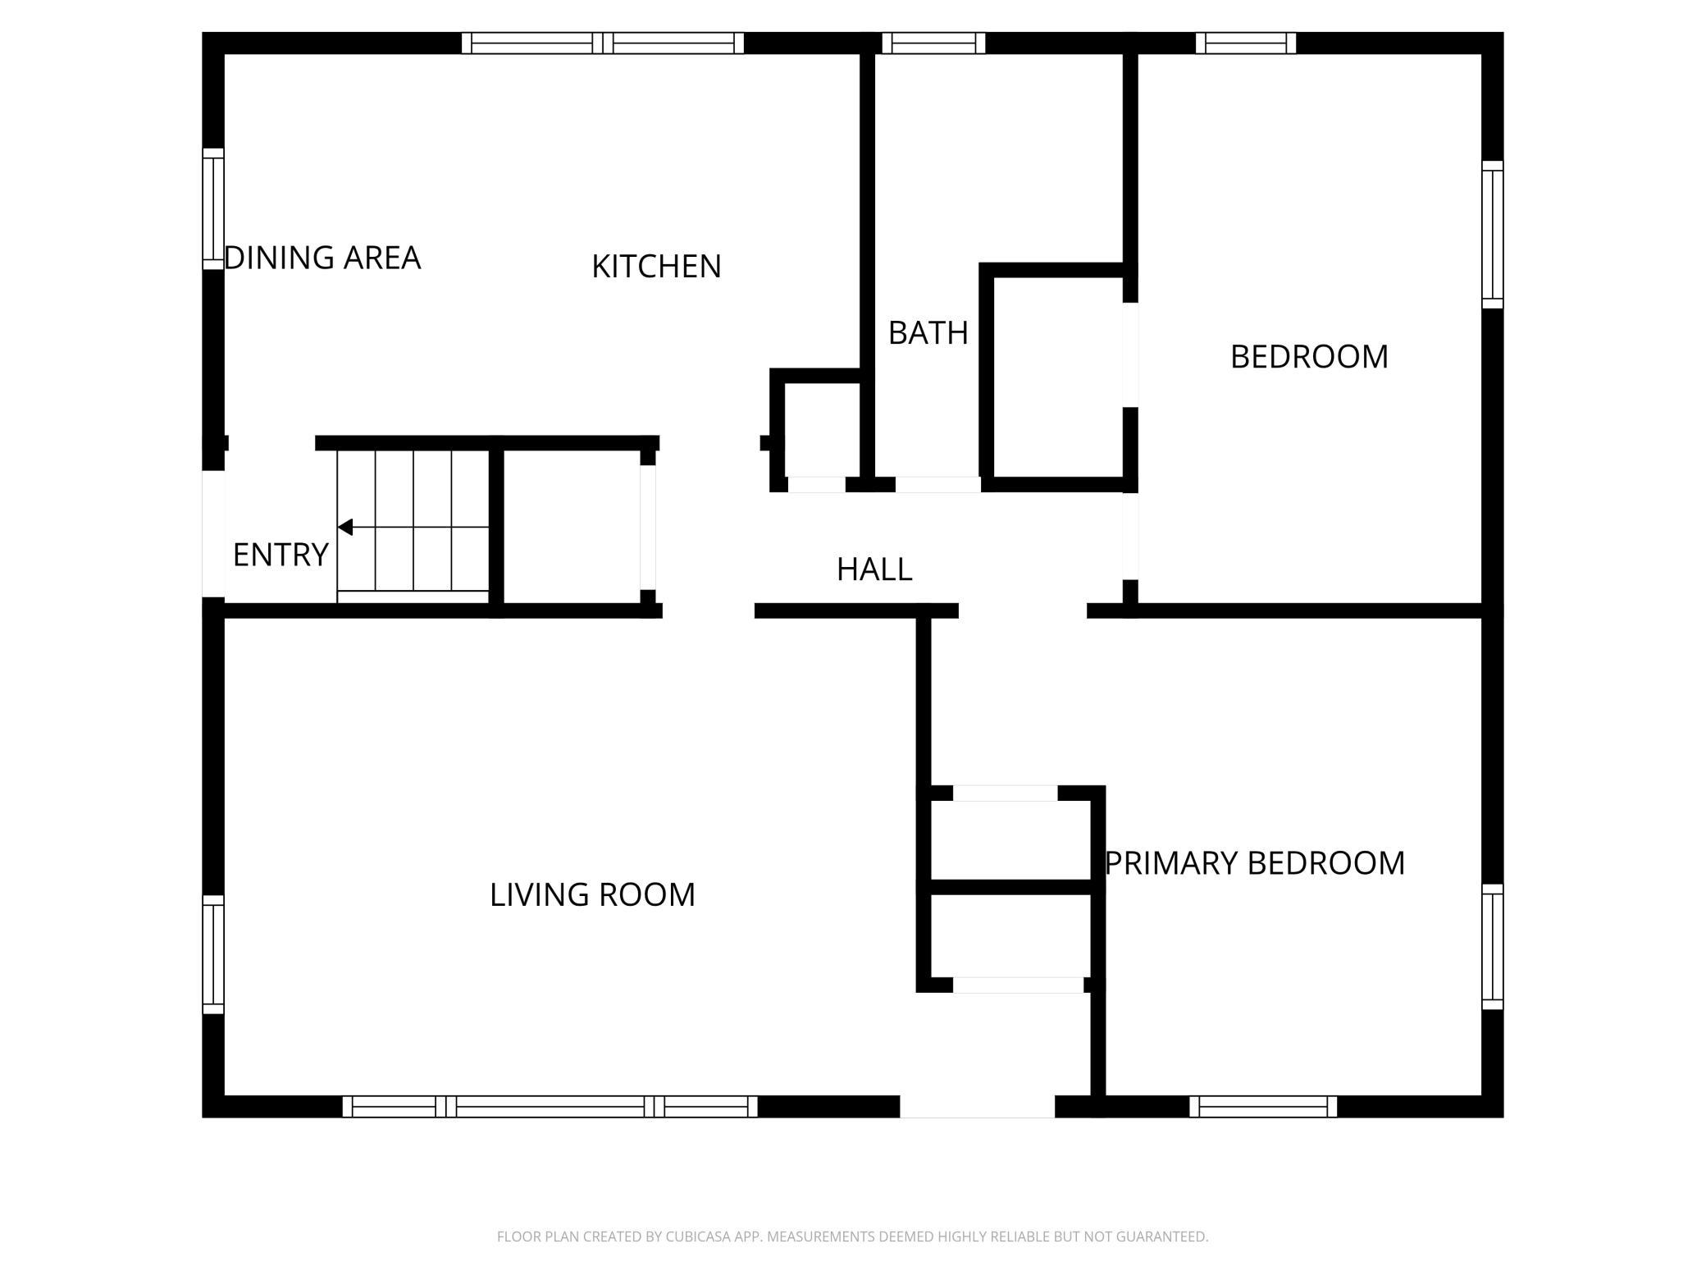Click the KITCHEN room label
click(x=656, y=267)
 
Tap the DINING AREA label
click(x=322, y=258)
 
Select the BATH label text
click(x=928, y=333)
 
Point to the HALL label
click(x=874, y=569)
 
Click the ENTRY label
click(x=281, y=555)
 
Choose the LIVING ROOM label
click(x=592, y=894)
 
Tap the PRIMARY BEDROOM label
click(x=1255, y=863)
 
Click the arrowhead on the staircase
click(x=345, y=527)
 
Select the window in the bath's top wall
click(x=933, y=43)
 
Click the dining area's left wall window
click(x=213, y=208)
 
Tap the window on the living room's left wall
click(x=213, y=954)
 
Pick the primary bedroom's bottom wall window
click(x=1263, y=1106)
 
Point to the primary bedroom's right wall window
click(x=1493, y=946)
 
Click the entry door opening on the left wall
click(x=213, y=534)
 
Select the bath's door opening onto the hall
click(x=937, y=485)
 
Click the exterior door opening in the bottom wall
click(x=977, y=1106)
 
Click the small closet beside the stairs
click(x=571, y=527)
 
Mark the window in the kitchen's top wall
click(x=603, y=43)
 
